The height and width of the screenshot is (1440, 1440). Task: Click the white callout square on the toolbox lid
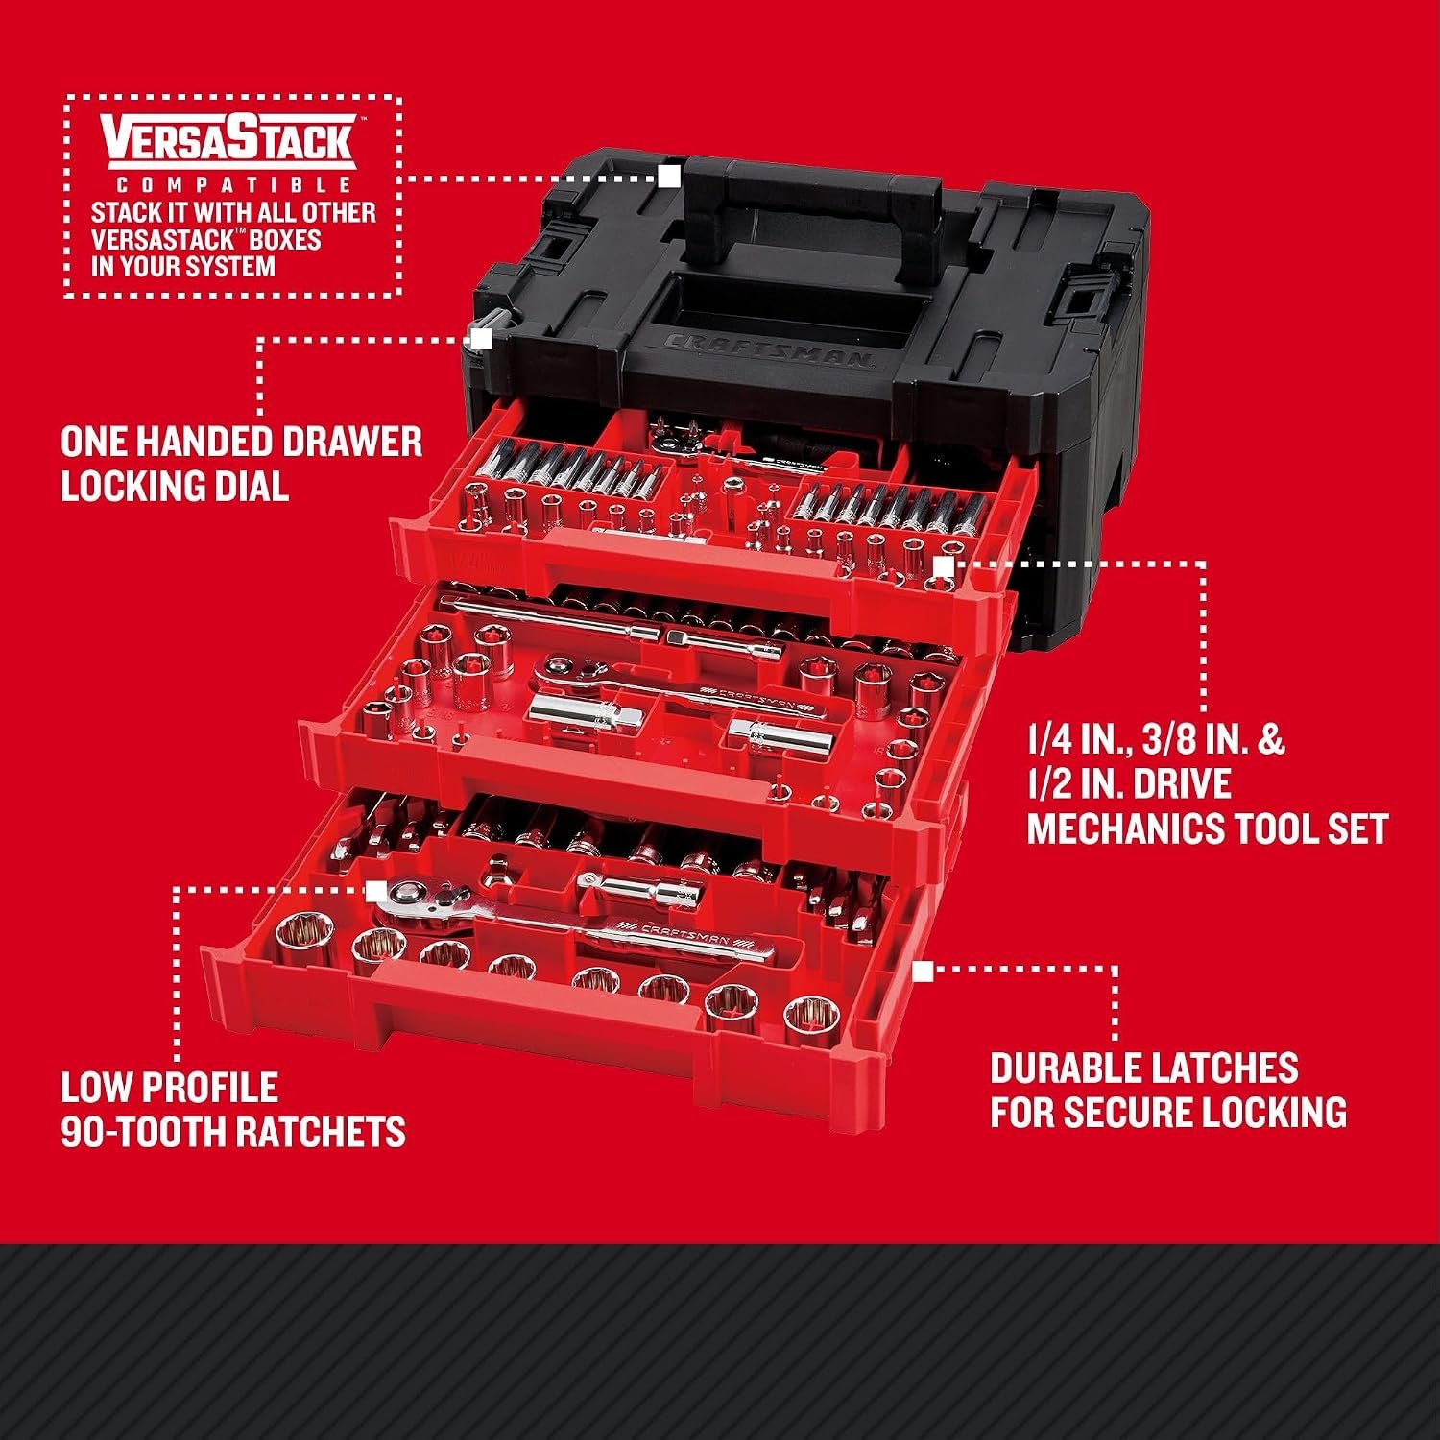tap(669, 177)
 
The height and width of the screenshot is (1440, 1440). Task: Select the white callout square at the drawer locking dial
tap(481, 339)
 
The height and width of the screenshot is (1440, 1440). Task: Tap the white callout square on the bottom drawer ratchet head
tap(376, 890)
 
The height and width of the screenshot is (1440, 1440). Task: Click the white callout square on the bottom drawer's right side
tap(923, 972)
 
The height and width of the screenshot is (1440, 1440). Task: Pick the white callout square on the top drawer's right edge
tap(943, 566)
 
